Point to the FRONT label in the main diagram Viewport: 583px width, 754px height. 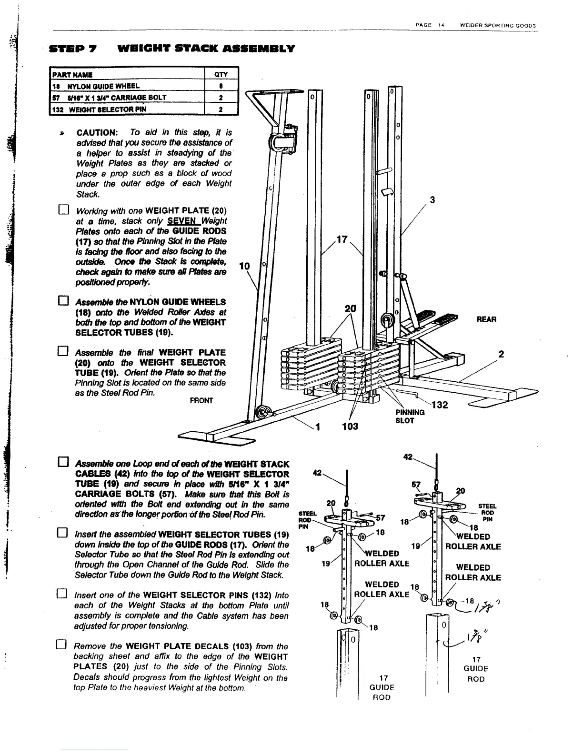[x=201, y=401]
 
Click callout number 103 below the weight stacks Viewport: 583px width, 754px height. [x=350, y=426]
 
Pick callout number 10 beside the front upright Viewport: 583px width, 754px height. [x=244, y=267]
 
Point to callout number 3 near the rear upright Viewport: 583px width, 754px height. [x=432, y=200]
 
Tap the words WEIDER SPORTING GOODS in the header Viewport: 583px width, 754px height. [x=497, y=26]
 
